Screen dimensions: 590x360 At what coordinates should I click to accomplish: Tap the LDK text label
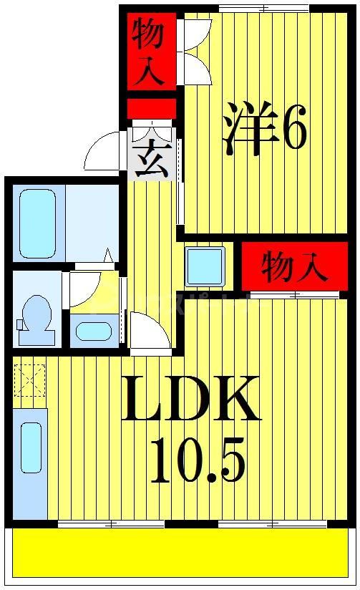point(190,400)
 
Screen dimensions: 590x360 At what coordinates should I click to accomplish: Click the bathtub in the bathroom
point(38,223)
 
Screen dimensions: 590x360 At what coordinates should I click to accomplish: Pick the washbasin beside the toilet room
point(94,332)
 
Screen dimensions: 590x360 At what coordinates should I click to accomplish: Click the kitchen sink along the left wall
point(31,448)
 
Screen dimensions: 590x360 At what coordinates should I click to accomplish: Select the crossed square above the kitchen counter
point(29,380)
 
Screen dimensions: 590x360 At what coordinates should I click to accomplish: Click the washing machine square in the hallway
point(205,266)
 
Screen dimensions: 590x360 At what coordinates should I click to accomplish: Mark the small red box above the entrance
point(151,108)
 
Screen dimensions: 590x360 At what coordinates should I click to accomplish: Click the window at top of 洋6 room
point(263,8)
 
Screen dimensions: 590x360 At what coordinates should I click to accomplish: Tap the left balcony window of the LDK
point(111,525)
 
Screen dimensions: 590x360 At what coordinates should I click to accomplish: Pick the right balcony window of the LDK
point(273,525)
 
